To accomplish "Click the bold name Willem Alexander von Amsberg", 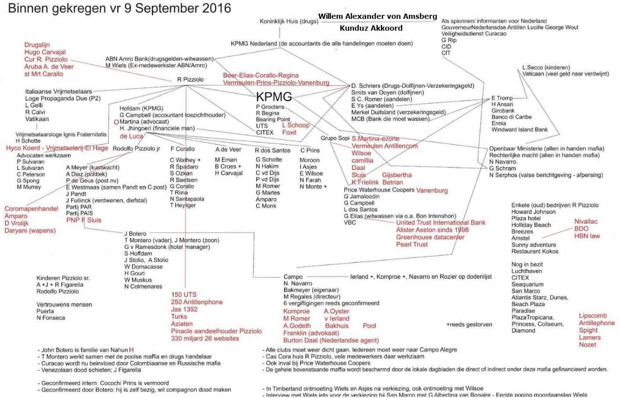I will tap(377, 16).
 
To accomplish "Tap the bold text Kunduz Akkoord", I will tap(371, 28).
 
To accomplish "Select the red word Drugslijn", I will tap(37, 45).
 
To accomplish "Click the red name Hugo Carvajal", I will tap(45, 52).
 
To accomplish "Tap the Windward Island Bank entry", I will tap(519, 130).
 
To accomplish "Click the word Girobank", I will tap(503, 111).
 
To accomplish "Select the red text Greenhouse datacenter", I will tap(430, 237).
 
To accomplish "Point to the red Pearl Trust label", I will tap(411, 244).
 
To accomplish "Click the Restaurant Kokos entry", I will tap(535, 251).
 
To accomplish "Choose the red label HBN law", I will tap(587, 236).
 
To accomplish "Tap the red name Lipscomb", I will tap(592, 316).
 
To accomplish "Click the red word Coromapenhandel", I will tap(31, 209).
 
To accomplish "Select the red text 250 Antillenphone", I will tap(197, 302).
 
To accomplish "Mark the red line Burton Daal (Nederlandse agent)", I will tap(331, 340).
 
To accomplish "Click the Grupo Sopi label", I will tap(335, 138).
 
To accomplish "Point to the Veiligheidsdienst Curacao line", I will tap(473, 34).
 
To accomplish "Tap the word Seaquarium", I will tap(527, 284).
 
